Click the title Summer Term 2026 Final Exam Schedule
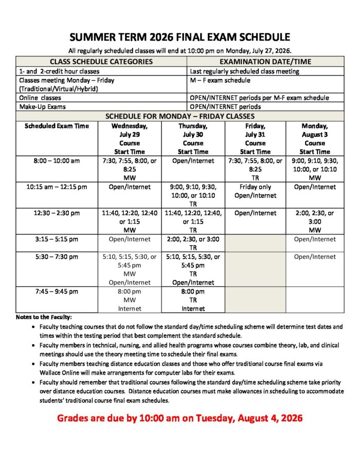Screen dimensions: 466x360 point(179,37)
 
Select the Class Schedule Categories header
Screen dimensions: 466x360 point(101,61)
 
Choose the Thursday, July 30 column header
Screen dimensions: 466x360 point(193,138)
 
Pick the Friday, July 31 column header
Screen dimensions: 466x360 point(255,138)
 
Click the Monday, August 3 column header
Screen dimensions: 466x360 point(314,138)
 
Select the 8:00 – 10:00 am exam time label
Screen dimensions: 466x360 point(57,161)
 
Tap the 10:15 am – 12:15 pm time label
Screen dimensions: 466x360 point(57,187)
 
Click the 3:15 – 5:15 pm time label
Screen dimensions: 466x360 point(57,239)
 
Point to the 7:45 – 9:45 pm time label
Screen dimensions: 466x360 point(57,292)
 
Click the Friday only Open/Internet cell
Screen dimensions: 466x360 point(255,191)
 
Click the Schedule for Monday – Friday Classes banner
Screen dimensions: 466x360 point(179,116)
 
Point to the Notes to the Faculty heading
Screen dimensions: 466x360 point(44,317)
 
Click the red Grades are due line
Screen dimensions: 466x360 point(179,418)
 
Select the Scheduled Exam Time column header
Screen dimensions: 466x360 point(57,126)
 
